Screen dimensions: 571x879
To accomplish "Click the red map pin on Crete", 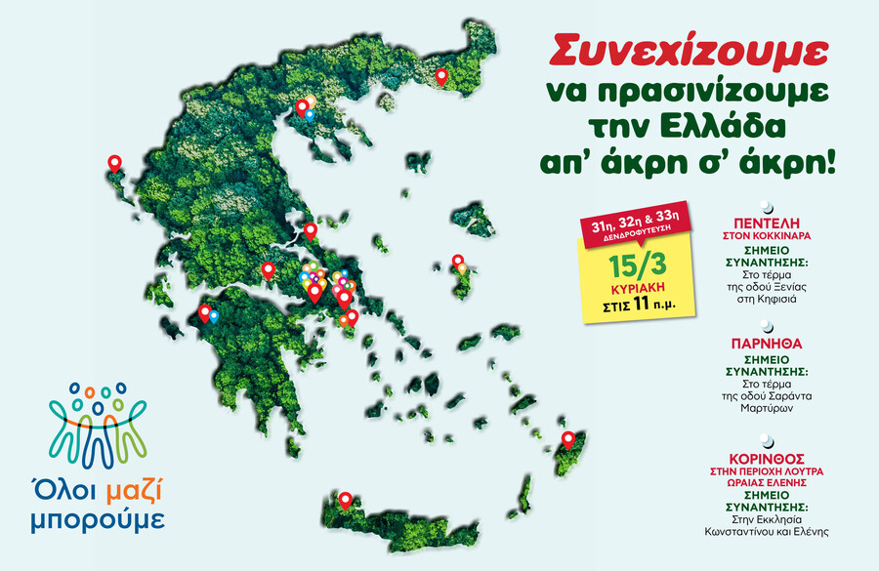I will coord(345,500).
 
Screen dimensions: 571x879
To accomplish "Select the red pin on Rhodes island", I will coord(566,439).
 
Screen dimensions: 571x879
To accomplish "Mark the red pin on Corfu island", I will coord(114,163).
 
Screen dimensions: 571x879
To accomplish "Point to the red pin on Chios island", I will coord(457,262).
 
